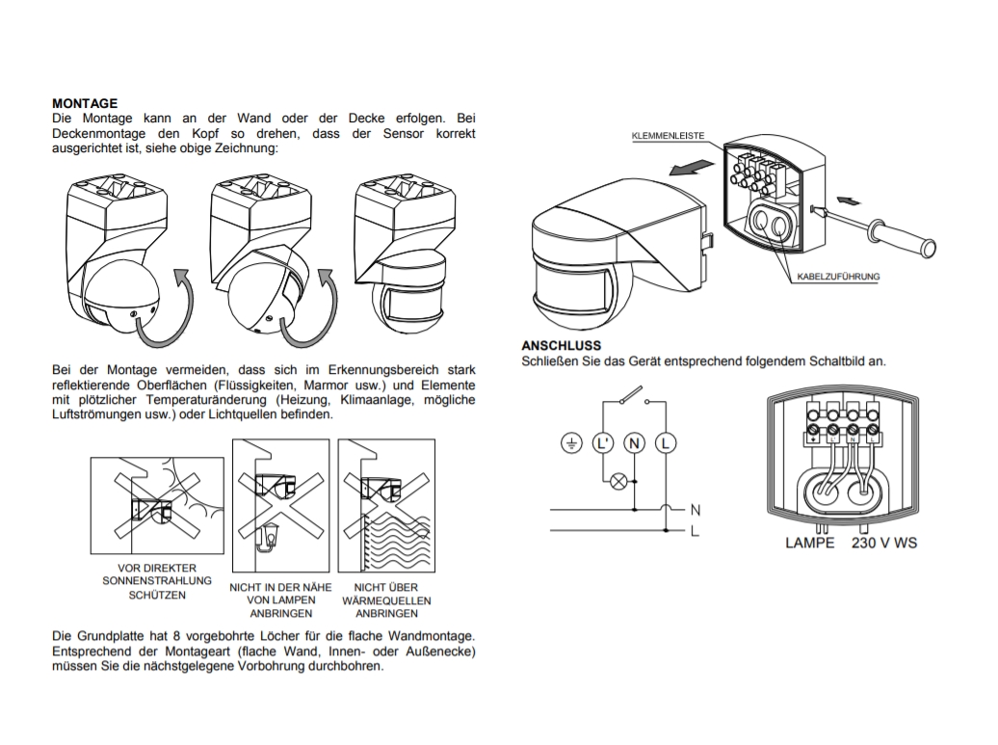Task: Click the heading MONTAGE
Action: coord(85,103)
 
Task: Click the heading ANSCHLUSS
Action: coord(562,345)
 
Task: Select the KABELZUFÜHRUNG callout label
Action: coord(838,278)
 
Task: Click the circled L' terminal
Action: coord(603,443)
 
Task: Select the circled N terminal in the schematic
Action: coord(634,443)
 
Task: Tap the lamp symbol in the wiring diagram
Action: coord(620,479)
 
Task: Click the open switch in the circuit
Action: coord(634,395)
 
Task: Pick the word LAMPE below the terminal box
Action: coord(809,544)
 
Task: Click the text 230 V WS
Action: coord(883,544)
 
